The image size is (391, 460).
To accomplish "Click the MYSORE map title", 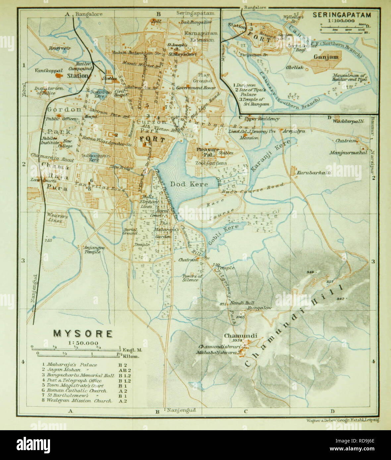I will [x=83, y=333].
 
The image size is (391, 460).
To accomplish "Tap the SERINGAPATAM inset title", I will [x=341, y=15].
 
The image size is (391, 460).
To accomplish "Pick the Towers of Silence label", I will [x=192, y=278].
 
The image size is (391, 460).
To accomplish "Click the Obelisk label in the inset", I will [x=293, y=67].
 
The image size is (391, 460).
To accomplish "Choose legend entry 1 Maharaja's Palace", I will [x=67, y=365].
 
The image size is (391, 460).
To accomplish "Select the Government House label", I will [x=195, y=88].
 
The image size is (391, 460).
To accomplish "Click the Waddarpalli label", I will [x=348, y=121].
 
